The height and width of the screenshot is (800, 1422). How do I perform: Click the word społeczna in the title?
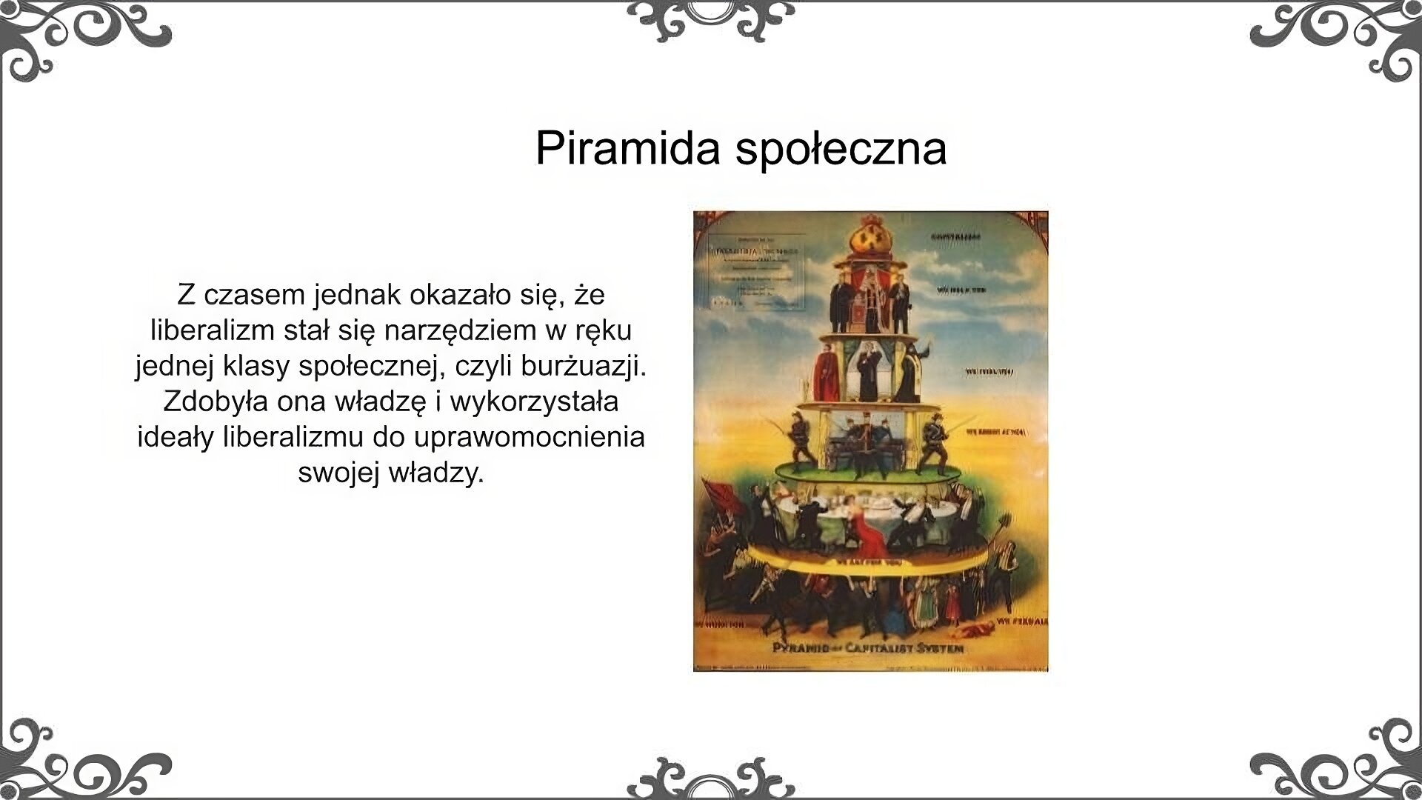[x=841, y=149]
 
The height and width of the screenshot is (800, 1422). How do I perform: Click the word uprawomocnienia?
[x=530, y=436]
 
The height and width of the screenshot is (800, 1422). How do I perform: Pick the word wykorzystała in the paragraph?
[x=534, y=401]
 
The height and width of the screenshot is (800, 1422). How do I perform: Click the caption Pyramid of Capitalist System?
[x=869, y=647]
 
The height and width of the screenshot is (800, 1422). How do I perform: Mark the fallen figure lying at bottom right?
[x=972, y=631]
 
